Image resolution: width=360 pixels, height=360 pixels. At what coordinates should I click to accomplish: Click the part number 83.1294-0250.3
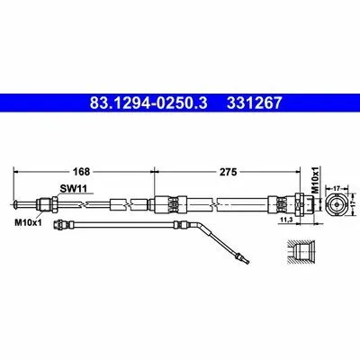(148, 103)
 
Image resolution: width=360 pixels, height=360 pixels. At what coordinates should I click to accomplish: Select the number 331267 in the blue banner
(255, 103)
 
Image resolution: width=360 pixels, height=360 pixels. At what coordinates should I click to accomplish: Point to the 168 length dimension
(82, 172)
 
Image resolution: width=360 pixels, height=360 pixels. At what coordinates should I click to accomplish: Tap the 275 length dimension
(229, 172)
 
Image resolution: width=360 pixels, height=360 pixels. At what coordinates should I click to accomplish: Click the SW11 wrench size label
(73, 189)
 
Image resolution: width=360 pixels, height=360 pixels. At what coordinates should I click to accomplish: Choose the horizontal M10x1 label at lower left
(28, 222)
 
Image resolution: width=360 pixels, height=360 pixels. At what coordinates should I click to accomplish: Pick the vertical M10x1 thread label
(315, 180)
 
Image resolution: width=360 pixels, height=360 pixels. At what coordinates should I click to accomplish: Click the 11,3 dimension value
(286, 220)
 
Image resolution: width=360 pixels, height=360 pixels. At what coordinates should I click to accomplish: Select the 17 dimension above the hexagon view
(337, 188)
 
